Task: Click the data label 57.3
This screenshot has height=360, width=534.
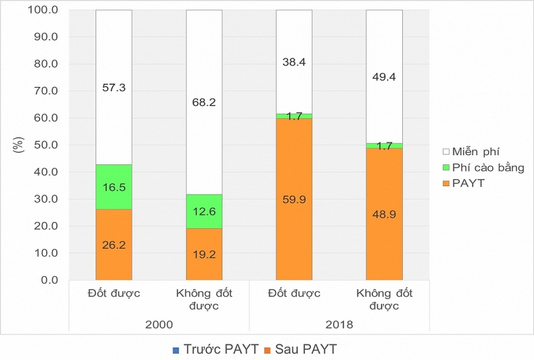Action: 114,88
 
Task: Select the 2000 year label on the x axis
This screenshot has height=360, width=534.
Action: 159,324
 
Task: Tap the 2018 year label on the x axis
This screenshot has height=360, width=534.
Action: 339,324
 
